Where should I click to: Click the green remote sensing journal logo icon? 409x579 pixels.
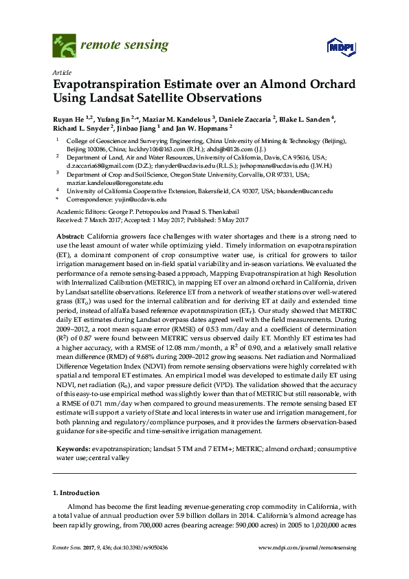pos(65,47)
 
